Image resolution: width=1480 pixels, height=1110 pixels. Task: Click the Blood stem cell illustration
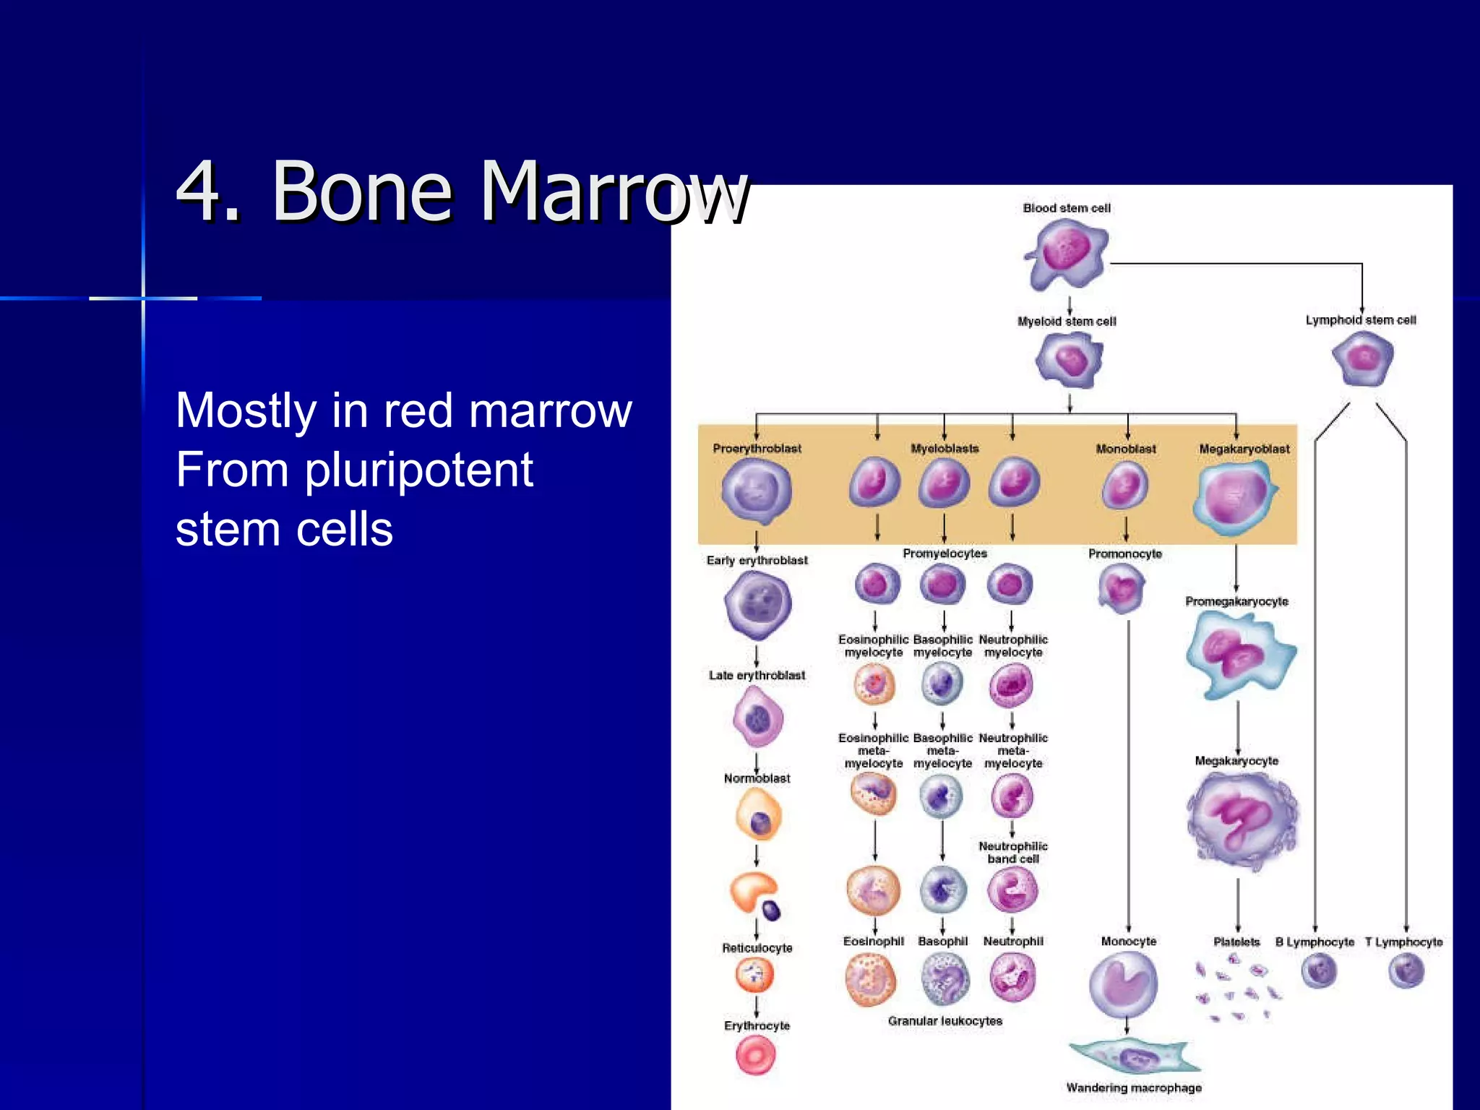coord(1067,254)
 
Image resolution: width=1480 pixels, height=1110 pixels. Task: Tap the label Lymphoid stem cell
coord(1360,320)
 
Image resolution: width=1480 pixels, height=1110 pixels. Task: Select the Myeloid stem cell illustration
coord(1070,360)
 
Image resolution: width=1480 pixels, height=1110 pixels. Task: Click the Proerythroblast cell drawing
coord(756,491)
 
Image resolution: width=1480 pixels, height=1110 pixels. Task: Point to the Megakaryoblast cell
coord(1236,497)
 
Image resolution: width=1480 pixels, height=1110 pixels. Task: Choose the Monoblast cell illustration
coord(1124,486)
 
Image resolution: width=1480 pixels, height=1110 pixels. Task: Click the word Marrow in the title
coord(614,192)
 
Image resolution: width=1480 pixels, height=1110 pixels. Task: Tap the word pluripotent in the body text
coord(418,470)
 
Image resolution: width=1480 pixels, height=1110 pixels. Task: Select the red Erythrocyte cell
coord(756,1055)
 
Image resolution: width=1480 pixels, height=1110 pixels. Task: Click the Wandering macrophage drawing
coord(1133,1057)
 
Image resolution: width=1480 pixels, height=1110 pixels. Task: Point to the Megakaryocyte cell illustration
coord(1241,820)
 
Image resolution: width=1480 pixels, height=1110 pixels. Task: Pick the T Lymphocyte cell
coord(1406,971)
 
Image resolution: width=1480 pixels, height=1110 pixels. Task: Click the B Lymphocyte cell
coord(1319,971)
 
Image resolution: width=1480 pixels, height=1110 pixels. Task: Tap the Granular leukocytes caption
coord(945,1021)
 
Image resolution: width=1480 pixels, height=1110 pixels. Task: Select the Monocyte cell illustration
coord(1123,984)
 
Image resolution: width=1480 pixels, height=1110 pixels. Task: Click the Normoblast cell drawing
coord(758,815)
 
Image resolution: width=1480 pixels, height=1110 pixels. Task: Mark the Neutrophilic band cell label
coord(1012,852)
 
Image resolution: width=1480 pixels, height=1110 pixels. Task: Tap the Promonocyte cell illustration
coord(1121,588)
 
